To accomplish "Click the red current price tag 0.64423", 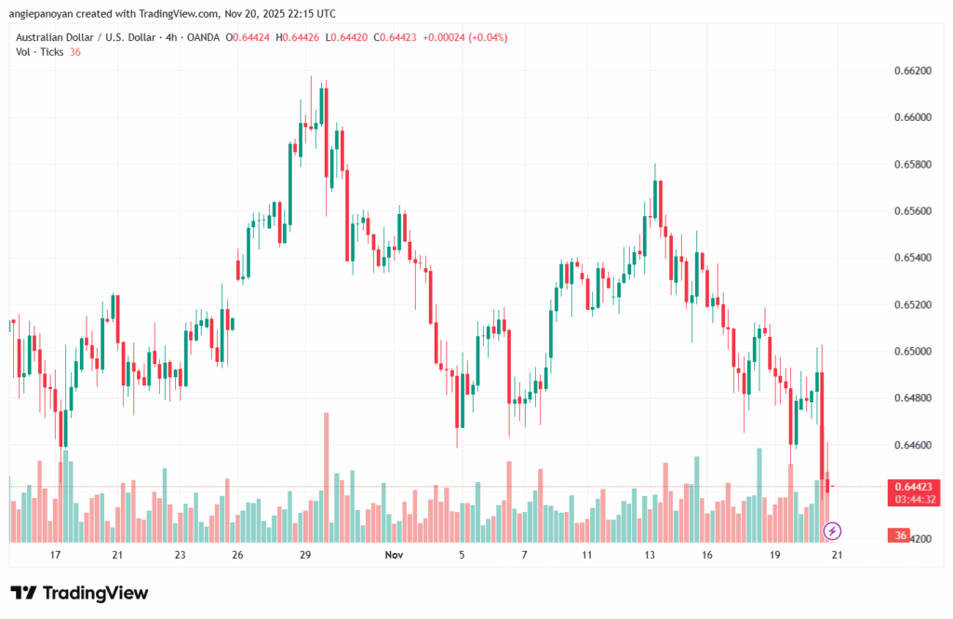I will pos(913,486).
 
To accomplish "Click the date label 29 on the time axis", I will pos(305,555).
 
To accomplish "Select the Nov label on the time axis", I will pos(394,555).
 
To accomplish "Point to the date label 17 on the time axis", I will pos(55,555).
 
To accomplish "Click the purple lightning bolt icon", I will pos(833,531).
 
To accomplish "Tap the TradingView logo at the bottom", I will pos(79,593).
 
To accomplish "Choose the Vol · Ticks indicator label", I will pos(40,52).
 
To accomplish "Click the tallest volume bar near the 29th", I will pos(326,477).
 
